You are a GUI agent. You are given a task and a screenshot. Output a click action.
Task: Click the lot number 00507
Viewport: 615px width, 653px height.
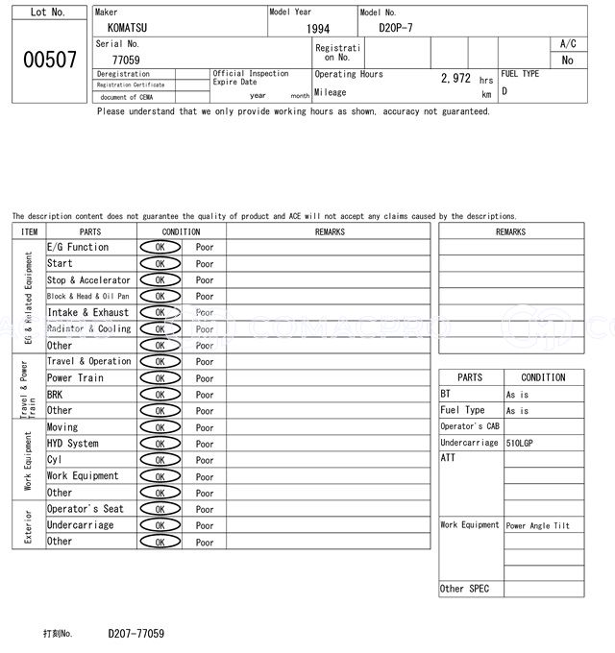point(49,59)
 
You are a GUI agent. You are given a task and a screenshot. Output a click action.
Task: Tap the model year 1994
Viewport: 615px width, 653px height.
point(318,29)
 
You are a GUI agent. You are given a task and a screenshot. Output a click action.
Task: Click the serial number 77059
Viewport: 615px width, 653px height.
point(126,60)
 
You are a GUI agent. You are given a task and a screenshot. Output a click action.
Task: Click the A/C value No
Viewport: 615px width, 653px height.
point(567,60)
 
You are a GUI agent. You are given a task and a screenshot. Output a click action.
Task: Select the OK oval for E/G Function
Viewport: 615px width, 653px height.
point(160,247)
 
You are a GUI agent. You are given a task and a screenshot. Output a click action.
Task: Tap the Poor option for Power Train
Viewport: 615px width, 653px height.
point(205,378)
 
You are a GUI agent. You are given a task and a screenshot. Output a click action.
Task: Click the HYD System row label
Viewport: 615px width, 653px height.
point(73,444)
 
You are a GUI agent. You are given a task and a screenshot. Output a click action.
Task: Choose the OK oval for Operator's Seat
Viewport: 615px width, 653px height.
point(160,509)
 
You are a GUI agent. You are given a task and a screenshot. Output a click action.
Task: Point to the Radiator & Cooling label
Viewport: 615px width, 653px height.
point(88,328)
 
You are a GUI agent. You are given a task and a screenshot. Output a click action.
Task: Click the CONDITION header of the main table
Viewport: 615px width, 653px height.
point(181,231)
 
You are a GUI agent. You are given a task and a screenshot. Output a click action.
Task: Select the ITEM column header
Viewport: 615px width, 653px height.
point(29,231)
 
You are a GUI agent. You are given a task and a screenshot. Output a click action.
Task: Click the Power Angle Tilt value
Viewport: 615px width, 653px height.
point(538,525)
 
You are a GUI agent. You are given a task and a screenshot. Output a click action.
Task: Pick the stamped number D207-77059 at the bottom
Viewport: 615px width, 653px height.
point(135,634)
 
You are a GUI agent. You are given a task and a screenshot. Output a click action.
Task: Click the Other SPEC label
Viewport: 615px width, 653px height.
point(465,589)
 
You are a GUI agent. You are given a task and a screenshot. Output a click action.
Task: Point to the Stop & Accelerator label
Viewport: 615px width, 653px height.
point(88,279)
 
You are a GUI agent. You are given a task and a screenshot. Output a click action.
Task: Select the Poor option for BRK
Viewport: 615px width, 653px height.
point(205,395)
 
